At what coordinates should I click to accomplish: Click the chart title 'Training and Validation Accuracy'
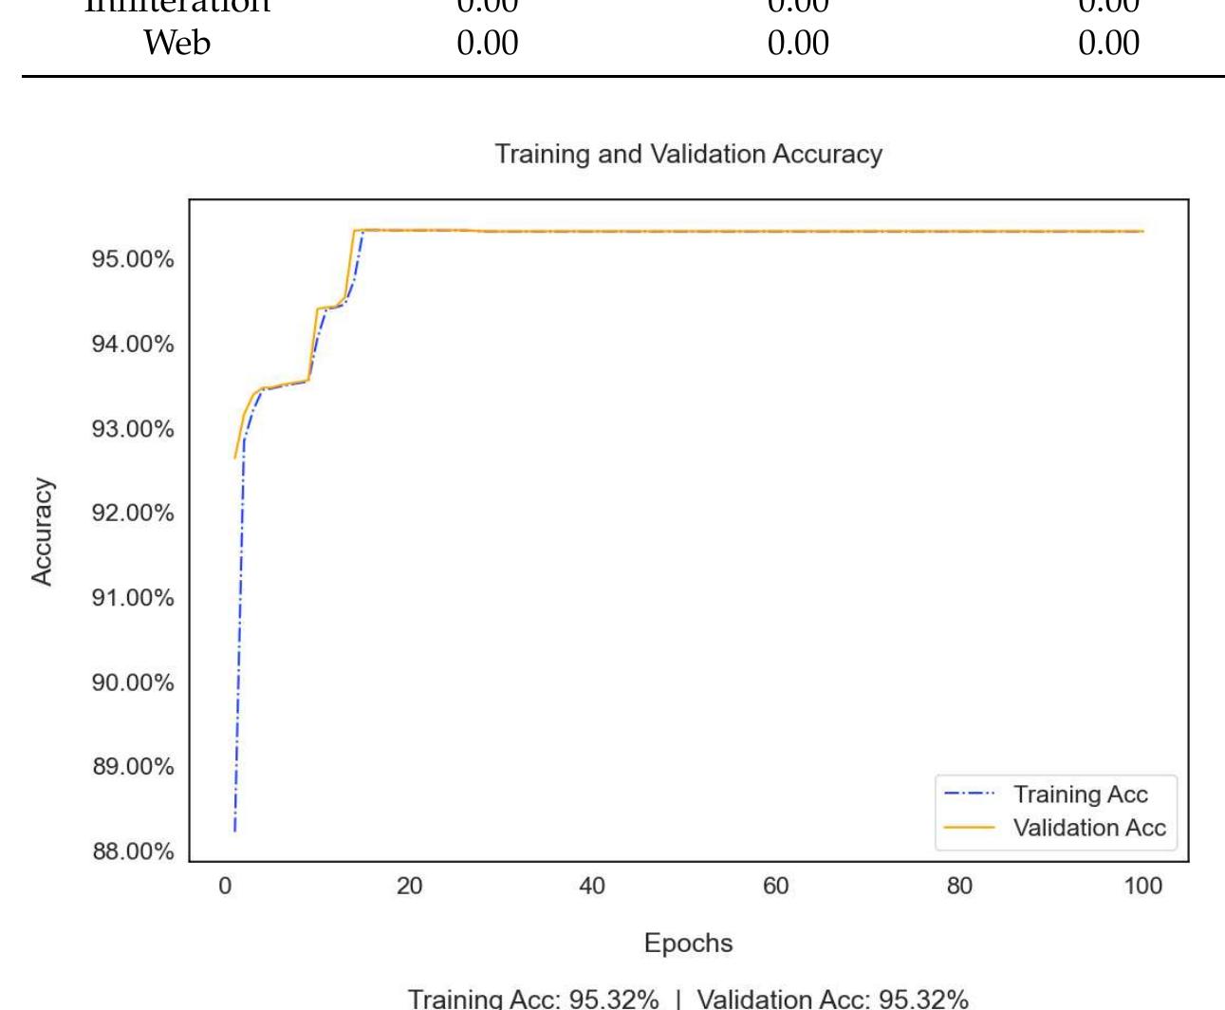pyautogui.click(x=688, y=154)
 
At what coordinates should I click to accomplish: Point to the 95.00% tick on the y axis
pyautogui.click(x=133, y=259)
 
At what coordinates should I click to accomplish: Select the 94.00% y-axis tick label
pyautogui.click(x=133, y=344)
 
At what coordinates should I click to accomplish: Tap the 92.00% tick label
pyautogui.click(x=133, y=514)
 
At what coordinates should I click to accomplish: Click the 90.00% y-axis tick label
pyautogui.click(x=133, y=683)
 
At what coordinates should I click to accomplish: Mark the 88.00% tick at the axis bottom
pyautogui.click(x=133, y=851)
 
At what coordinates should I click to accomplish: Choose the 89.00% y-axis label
pyautogui.click(x=133, y=767)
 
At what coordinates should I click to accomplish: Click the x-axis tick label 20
pyautogui.click(x=409, y=887)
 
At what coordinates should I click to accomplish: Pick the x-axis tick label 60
pyautogui.click(x=775, y=887)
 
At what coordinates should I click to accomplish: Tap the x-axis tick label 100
pyautogui.click(x=1142, y=887)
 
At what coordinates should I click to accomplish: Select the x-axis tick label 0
pyautogui.click(x=226, y=887)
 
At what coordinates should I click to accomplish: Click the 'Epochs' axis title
pyautogui.click(x=688, y=944)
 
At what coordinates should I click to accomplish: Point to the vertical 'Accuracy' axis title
pyautogui.click(x=43, y=532)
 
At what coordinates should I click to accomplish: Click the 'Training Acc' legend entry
pyautogui.click(x=1080, y=795)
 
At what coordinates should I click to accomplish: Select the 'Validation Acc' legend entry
pyautogui.click(x=1088, y=828)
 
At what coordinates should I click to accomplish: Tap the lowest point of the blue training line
pyautogui.click(x=234, y=832)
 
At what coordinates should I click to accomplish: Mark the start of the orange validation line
pyautogui.click(x=235, y=458)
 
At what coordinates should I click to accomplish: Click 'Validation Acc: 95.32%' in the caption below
pyautogui.click(x=832, y=999)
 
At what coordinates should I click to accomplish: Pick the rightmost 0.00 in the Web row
pyautogui.click(x=1108, y=43)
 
